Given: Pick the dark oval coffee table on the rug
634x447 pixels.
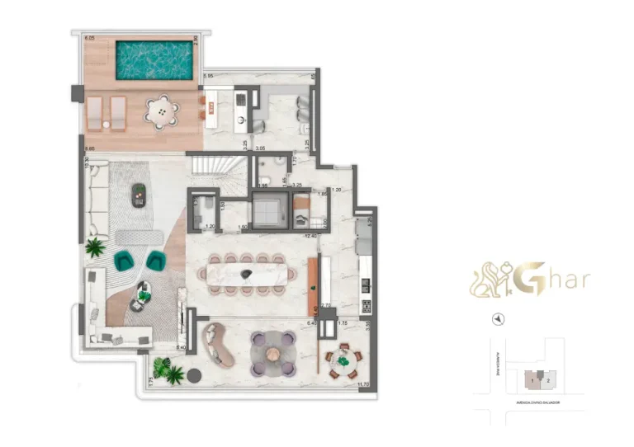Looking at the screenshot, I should click(140, 192).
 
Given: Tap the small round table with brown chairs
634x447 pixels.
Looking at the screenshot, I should click(342, 360).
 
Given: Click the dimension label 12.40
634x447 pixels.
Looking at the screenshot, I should click(310, 237).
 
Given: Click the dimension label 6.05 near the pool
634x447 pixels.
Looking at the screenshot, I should click(88, 38).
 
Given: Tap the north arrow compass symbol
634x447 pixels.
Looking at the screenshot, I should click(499, 318).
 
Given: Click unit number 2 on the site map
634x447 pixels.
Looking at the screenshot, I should click(547, 380).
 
